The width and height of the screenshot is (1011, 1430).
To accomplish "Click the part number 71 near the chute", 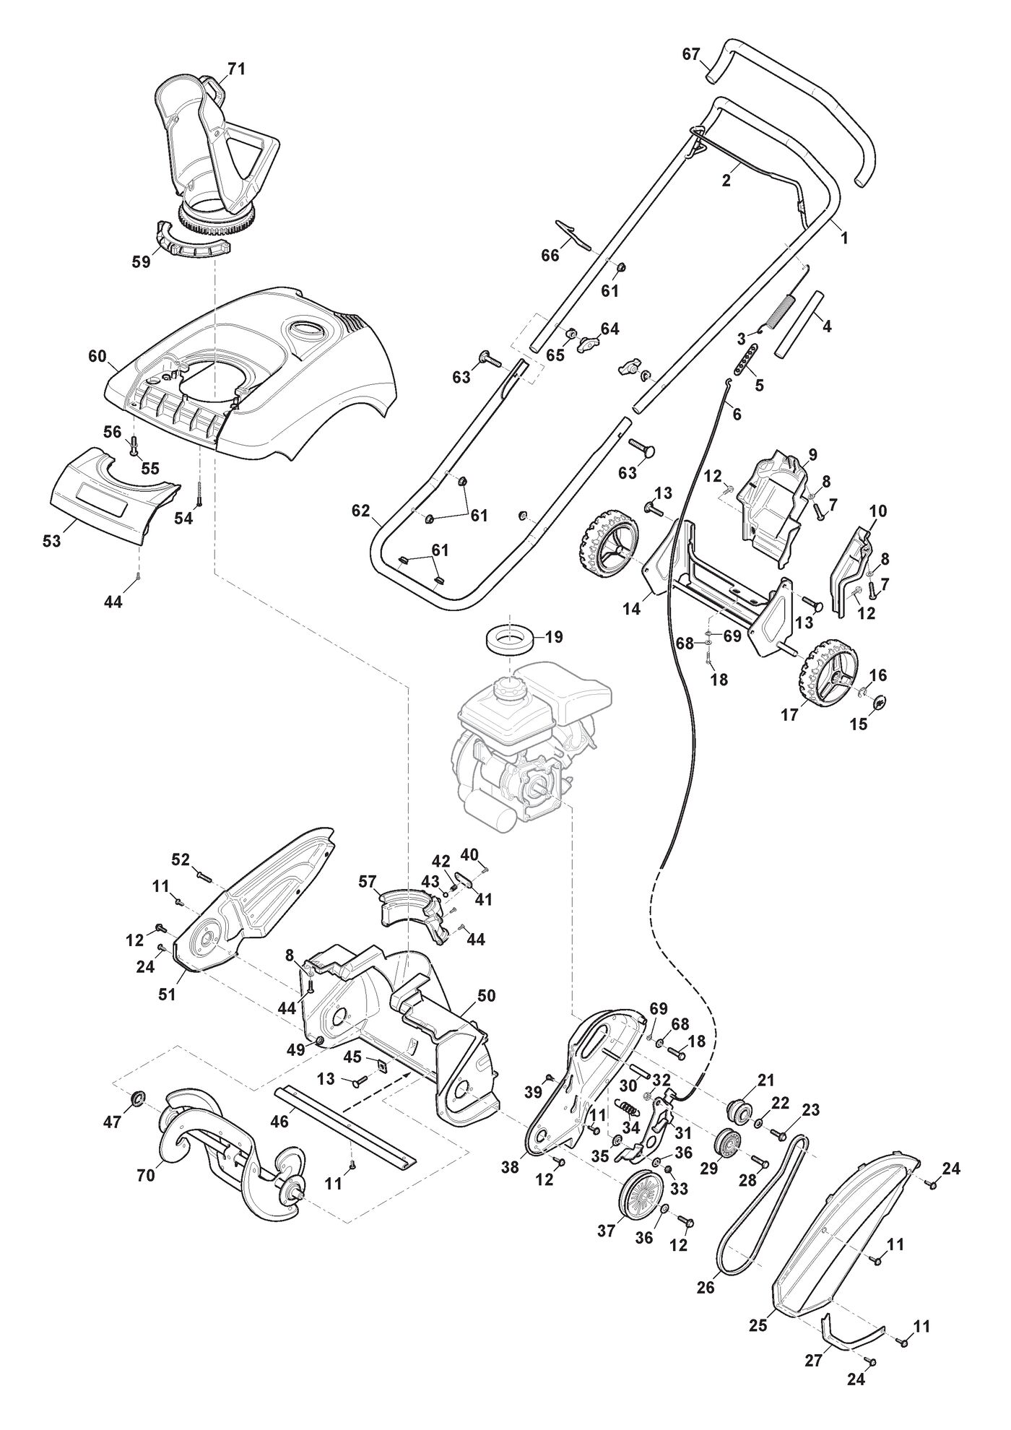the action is (236, 69).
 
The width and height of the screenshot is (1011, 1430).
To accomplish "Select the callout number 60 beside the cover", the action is (97, 356).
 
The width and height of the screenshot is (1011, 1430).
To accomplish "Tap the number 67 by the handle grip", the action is (691, 54).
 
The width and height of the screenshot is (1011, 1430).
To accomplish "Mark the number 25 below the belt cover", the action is (757, 1326).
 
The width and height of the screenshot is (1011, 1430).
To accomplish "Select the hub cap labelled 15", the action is (880, 701).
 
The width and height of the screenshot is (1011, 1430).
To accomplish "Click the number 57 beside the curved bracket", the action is (368, 881).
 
